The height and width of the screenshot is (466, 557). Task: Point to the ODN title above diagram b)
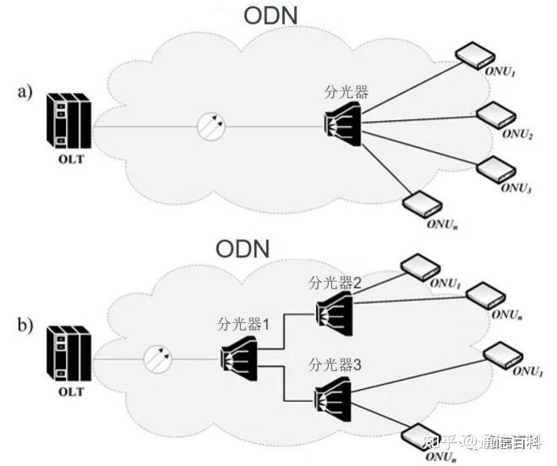coord(243,248)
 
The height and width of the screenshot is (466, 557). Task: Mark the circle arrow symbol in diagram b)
coord(157,359)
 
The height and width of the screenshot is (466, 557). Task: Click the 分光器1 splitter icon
coord(238,353)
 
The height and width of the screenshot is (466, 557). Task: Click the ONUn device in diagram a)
coord(420,202)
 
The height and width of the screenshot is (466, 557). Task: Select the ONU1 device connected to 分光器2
coord(418,268)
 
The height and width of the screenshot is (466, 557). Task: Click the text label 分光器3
coord(335,366)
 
